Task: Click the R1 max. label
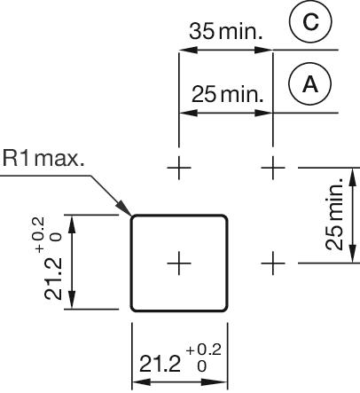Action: [43, 160]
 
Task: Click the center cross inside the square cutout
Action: [179, 263]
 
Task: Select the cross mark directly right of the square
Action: [276, 263]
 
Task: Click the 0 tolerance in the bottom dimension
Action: [200, 366]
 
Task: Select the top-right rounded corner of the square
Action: [225, 217]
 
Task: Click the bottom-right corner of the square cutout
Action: [225, 309]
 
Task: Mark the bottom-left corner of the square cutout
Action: [133, 309]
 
